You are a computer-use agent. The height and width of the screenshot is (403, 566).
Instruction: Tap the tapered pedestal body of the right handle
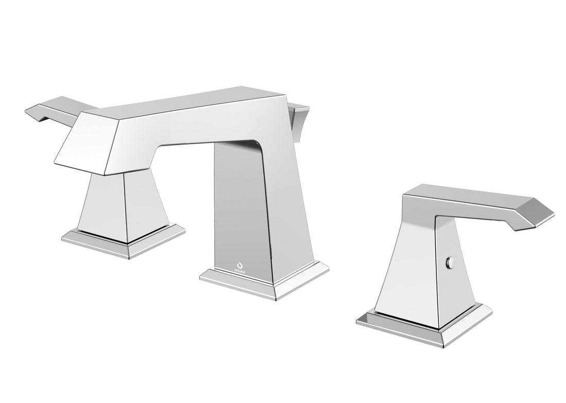point(406,273)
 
